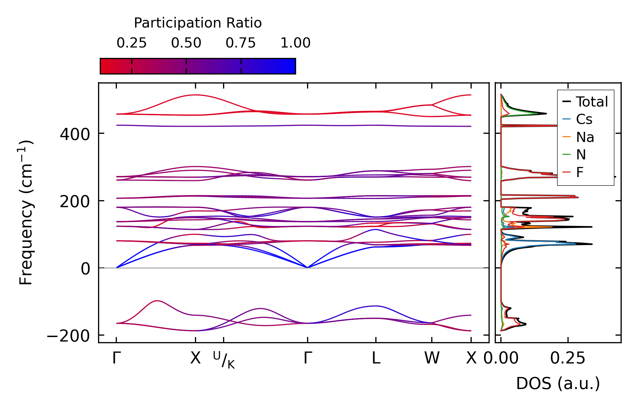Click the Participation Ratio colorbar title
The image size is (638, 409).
click(198, 23)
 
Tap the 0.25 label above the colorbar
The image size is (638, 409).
click(131, 43)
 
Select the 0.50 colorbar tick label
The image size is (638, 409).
click(186, 43)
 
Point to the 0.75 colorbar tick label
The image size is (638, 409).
click(240, 43)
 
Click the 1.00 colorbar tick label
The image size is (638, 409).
click(295, 43)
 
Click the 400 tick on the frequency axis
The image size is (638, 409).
click(75, 134)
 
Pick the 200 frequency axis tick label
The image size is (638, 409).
click(75, 202)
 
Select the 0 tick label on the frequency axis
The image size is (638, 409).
click(85, 269)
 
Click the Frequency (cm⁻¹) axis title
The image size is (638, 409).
click(26, 213)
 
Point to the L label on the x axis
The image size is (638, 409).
click(376, 358)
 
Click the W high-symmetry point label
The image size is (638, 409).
click(432, 358)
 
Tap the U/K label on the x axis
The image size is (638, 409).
click(224, 360)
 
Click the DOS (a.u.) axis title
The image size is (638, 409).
click(558, 383)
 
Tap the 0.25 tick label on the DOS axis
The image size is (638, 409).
click(567, 358)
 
